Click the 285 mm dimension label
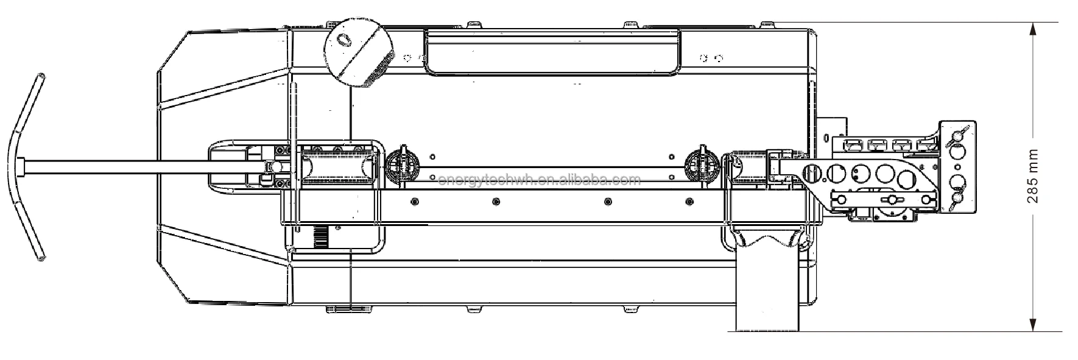tap(1034, 176)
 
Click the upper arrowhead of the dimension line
tap(1034, 28)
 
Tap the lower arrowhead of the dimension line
tap(1034, 326)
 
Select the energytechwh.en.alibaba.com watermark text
tap(539, 180)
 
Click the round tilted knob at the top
tap(358, 52)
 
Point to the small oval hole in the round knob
tap(345, 39)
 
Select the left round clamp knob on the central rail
tap(403, 164)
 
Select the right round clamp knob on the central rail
tap(703, 164)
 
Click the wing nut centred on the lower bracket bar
tap(891, 200)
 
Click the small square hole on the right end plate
tap(958, 166)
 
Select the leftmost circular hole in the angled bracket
tap(811, 172)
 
